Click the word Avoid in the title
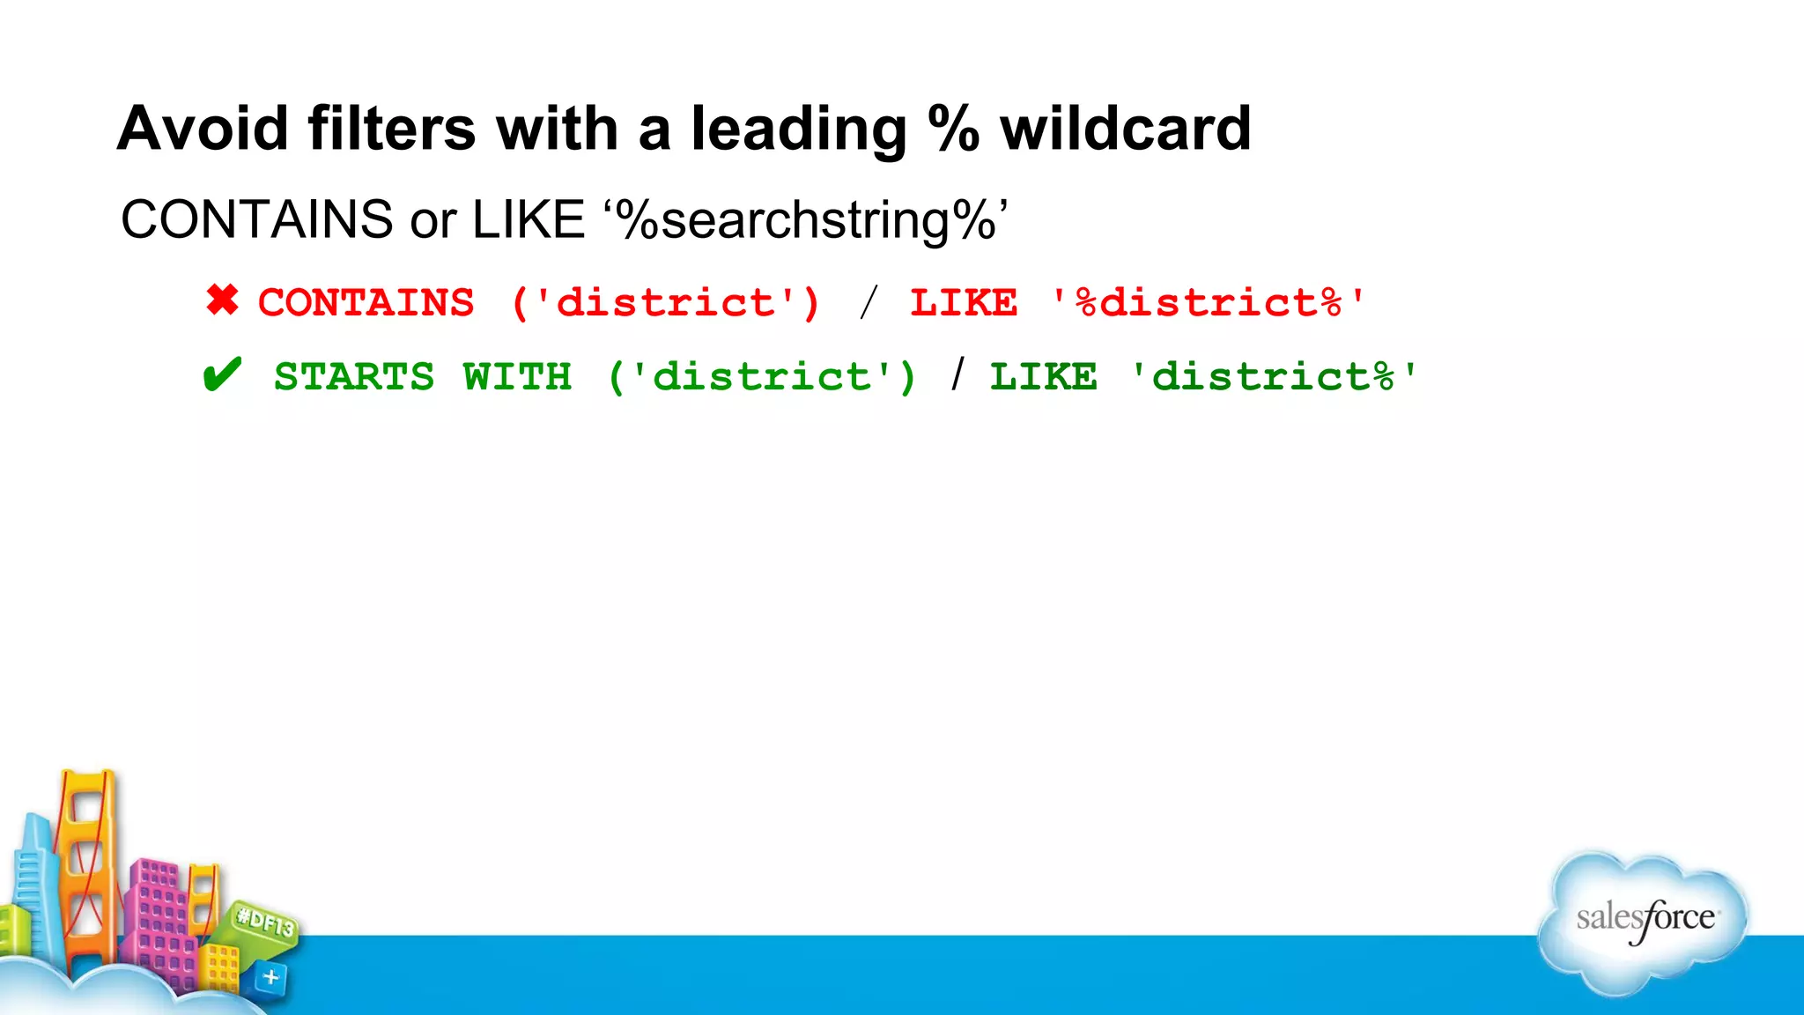pyautogui.click(x=203, y=129)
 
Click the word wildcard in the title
pyautogui.click(x=1125, y=129)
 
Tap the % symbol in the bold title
pyautogui.click(x=953, y=129)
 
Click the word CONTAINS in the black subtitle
pyautogui.click(x=256, y=219)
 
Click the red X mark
pyautogui.click(x=222, y=300)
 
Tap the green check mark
pyautogui.click(x=221, y=376)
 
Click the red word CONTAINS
pyautogui.click(x=366, y=303)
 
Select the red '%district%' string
pyautogui.click(x=1208, y=303)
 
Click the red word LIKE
pyautogui.click(x=964, y=303)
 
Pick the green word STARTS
pyautogui.click(x=354, y=377)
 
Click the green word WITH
pyautogui.click(x=517, y=377)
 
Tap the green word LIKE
pyautogui.click(x=1044, y=377)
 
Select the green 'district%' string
pyautogui.click(x=1274, y=377)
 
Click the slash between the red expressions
pyautogui.click(x=869, y=303)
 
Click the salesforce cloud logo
pyautogui.click(x=1644, y=921)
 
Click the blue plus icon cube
pyautogui.click(x=270, y=977)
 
